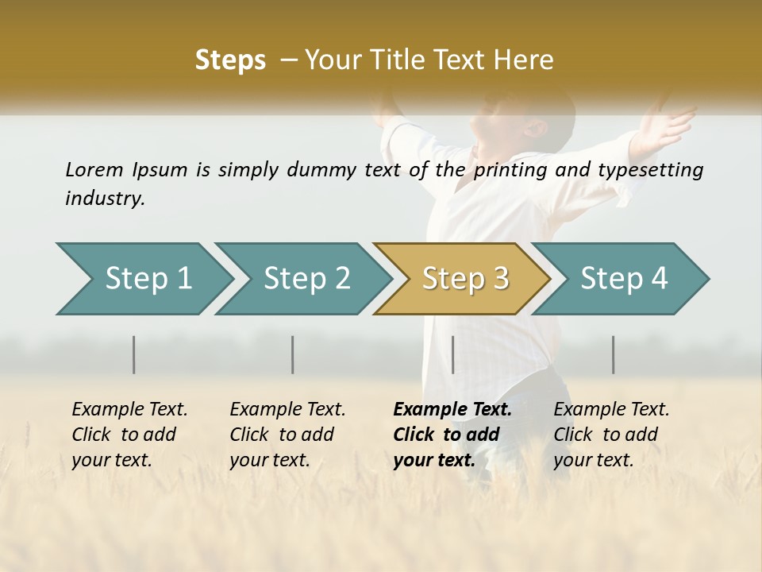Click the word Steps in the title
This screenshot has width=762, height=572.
coord(230,60)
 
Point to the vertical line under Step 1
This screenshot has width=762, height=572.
coord(134,354)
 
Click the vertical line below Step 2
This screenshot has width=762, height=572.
coord(293,354)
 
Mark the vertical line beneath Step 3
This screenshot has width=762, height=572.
coord(453,354)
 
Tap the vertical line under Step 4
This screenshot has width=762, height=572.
coord(614,354)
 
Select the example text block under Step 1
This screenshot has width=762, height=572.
coord(129,435)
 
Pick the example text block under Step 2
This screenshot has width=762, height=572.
coord(287,435)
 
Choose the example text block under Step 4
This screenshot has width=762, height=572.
coord(611,435)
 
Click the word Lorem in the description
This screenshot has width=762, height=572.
coord(94,170)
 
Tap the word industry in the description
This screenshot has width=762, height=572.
coord(104,199)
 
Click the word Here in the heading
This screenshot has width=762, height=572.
coord(524,60)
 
